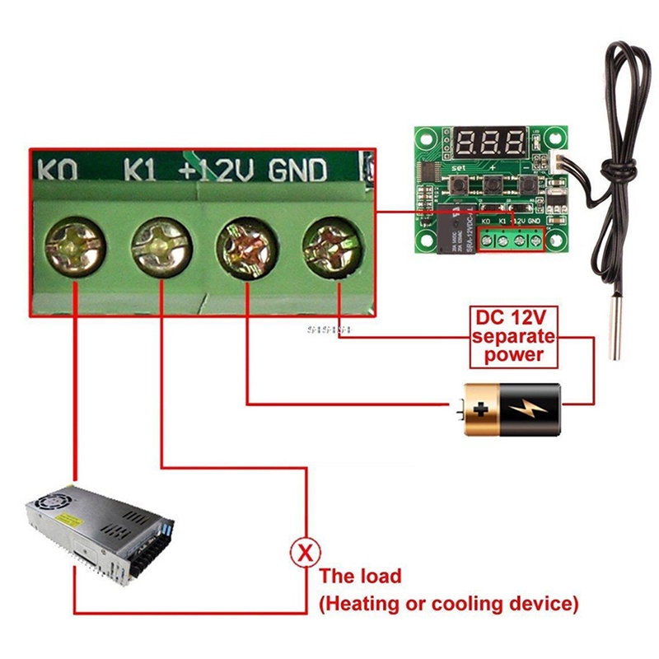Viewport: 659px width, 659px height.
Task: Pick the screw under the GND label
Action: click(x=333, y=245)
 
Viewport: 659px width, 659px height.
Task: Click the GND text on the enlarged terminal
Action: click(x=297, y=170)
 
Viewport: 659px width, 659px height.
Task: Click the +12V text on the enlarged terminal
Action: click(x=217, y=170)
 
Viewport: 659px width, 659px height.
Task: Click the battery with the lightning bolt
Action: click(x=512, y=409)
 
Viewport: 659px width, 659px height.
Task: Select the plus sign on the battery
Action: click(x=482, y=409)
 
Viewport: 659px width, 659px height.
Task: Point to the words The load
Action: click(x=361, y=577)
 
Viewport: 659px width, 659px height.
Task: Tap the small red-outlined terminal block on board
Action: click(x=511, y=239)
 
